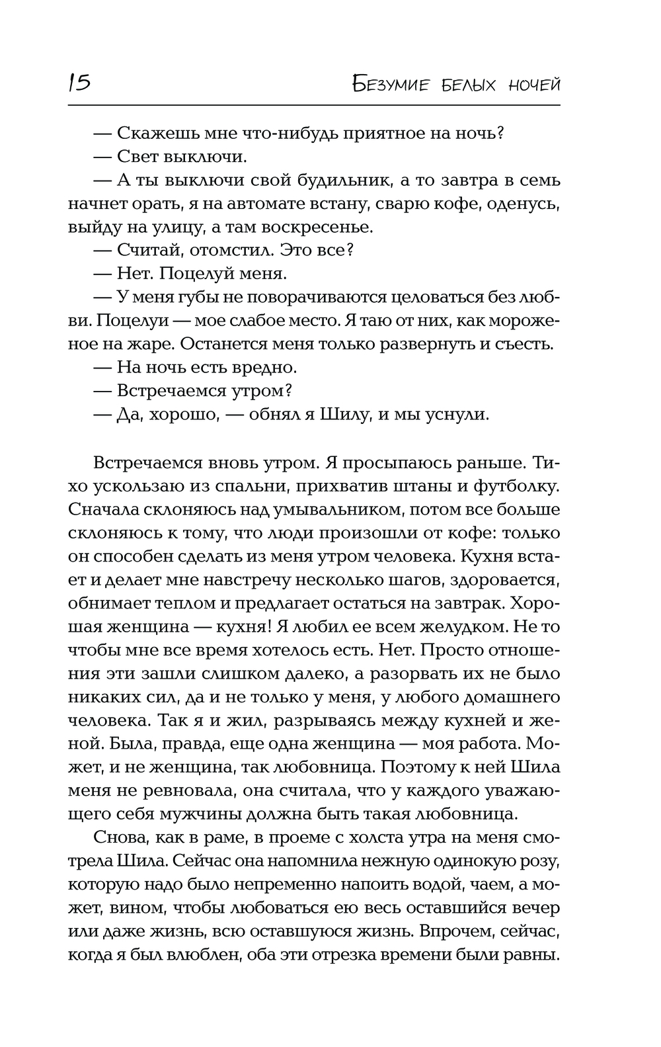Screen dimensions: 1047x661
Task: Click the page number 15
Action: tap(79, 83)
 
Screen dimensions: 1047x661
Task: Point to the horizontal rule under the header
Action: tap(314, 105)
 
